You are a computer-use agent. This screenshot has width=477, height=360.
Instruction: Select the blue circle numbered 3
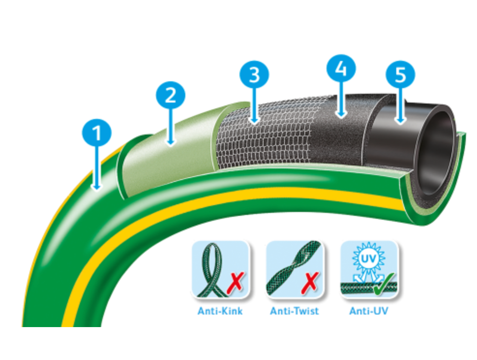click(254, 75)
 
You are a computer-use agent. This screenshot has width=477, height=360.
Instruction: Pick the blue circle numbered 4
click(341, 69)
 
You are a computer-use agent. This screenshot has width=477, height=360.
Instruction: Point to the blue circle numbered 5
click(400, 75)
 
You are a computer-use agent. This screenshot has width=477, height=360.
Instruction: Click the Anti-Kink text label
click(220, 311)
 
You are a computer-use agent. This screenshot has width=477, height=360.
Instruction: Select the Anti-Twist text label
click(295, 311)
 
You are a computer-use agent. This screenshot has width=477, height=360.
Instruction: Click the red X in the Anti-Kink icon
click(235, 284)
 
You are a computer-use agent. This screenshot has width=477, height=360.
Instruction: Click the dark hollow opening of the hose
click(435, 150)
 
